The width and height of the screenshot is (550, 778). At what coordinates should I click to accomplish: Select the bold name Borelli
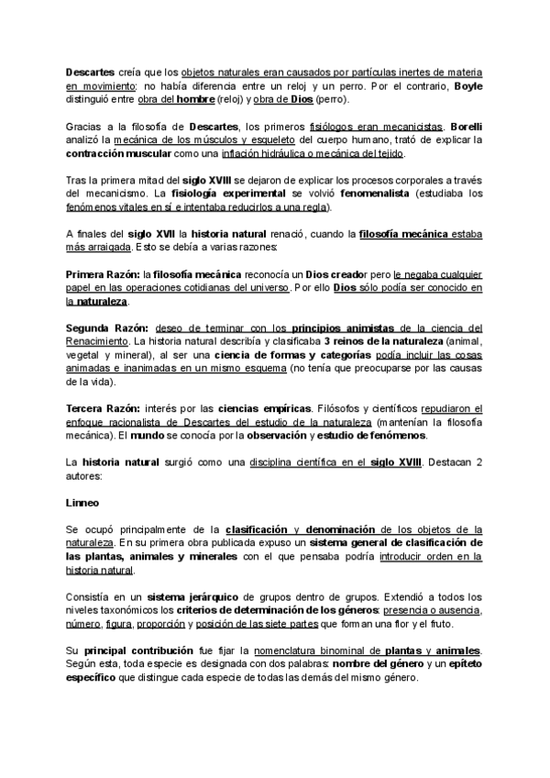462,126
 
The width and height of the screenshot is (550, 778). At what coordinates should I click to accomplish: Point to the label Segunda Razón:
103,328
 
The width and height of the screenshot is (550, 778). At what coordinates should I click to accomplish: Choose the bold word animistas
370,328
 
